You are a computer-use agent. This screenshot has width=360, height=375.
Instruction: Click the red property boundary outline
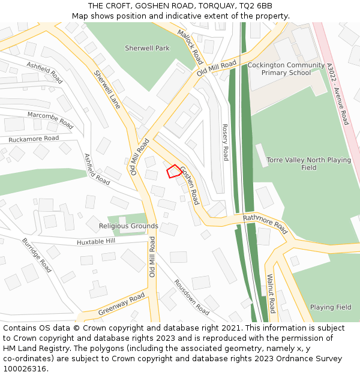click(x=173, y=171)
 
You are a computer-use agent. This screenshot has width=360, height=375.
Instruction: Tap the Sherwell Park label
click(x=147, y=48)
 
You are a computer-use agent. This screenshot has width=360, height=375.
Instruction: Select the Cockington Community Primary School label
click(x=286, y=69)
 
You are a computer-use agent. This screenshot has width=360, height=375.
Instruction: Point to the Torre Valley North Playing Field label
click(x=309, y=164)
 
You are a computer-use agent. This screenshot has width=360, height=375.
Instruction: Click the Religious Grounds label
click(x=128, y=226)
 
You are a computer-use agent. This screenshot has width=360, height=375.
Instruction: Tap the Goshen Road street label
click(x=189, y=185)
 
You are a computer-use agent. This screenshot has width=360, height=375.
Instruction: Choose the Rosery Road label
click(x=225, y=142)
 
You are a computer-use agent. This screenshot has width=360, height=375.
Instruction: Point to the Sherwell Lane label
click(x=107, y=89)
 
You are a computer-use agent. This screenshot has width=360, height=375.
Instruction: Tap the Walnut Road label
click(x=271, y=293)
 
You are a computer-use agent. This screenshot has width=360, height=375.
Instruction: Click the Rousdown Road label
click(x=191, y=297)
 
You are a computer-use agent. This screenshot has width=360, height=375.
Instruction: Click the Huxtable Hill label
click(x=95, y=241)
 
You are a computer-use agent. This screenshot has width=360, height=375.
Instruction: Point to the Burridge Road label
click(x=37, y=256)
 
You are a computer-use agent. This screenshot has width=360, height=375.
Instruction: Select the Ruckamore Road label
click(x=34, y=139)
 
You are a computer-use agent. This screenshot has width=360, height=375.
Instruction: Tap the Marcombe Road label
click(x=50, y=120)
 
